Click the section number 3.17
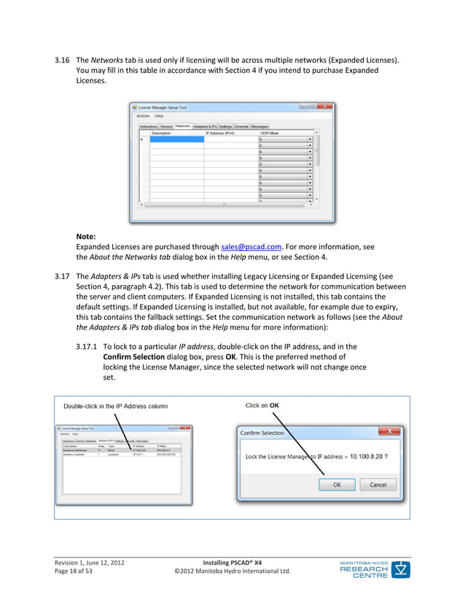click(x=62, y=276)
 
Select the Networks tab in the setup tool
click(x=182, y=126)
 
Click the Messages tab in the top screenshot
click(x=259, y=126)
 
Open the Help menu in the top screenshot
click(x=159, y=116)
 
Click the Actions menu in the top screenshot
click(x=143, y=116)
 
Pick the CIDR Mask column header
click(x=270, y=133)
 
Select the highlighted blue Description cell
click(x=176, y=139)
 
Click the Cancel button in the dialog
click(x=378, y=484)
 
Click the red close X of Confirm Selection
click(x=390, y=431)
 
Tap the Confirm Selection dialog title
click(x=263, y=433)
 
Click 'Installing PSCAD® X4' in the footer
click(x=233, y=562)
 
